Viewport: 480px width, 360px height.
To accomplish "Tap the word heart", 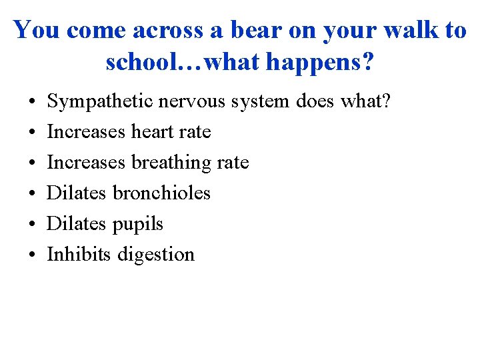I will (153, 132).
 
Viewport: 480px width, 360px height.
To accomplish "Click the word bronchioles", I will (161, 193).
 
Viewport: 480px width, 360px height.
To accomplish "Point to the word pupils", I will (137, 224).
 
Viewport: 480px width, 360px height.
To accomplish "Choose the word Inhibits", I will (79, 254).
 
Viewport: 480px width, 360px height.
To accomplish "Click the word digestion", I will (156, 254).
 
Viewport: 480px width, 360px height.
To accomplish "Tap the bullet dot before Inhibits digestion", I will (32, 255).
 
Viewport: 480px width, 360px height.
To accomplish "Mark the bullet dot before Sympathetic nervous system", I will (32, 102).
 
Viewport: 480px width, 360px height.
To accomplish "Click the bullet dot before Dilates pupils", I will (32, 224).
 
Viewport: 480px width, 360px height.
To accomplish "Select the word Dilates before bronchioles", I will (77, 193).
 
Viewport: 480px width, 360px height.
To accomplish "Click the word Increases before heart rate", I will (86, 132).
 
